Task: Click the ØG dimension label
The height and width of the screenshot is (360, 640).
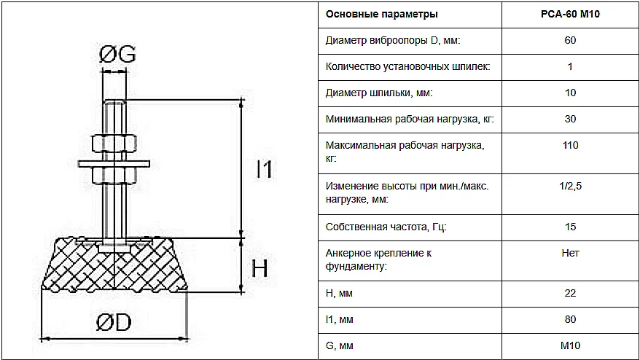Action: click(117, 54)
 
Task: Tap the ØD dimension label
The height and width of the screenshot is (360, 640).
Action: click(114, 322)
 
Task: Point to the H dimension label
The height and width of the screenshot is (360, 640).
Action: click(259, 268)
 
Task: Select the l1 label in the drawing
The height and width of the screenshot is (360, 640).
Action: click(264, 169)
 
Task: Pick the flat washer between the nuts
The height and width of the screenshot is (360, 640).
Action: click(114, 164)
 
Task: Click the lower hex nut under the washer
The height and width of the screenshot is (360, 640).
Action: click(114, 175)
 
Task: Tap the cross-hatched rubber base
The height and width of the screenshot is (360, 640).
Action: click(114, 265)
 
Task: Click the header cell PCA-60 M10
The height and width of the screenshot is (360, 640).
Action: click(570, 15)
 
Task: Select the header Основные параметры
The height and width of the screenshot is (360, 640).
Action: click(382, 15)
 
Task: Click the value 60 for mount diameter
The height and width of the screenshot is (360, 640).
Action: click(570, 40)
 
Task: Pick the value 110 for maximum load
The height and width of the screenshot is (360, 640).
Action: click(570, 145)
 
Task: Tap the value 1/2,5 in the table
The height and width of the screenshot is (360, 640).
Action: click(570, 186)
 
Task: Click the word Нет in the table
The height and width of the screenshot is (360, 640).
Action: click(570, 253)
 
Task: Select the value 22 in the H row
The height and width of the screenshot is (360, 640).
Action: click(570, 293)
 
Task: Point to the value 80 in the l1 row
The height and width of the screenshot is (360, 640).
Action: click(570, 319)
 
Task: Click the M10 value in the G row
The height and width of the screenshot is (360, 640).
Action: click(570, 345)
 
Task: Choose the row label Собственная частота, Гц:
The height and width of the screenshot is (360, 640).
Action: click(386, 227)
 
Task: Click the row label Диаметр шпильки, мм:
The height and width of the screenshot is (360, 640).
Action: click(379, 93)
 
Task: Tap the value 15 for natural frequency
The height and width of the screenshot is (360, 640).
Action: click(570, 227)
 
